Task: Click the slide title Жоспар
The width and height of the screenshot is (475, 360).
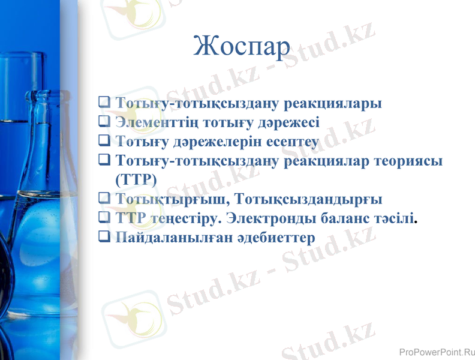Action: [x=243, y=47]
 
